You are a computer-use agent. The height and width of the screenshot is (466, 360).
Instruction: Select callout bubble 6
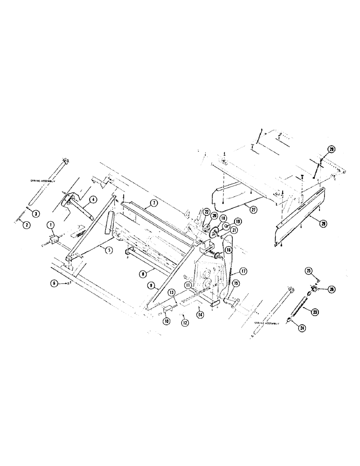[55, 282]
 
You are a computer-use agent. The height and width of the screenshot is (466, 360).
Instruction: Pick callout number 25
[308, 270]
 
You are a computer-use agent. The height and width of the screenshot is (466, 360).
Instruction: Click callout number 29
[331, 149]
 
